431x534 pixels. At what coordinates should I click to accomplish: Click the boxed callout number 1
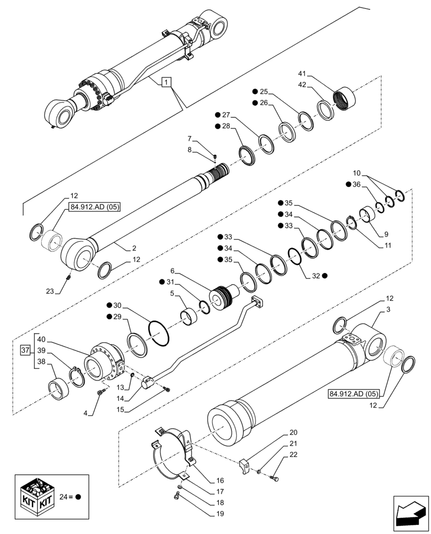[166, 82]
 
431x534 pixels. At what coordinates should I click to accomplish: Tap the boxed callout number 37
[26, 350]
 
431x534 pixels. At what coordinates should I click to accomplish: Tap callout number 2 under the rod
[134, 248]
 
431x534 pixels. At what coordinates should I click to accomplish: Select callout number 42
[302, 85]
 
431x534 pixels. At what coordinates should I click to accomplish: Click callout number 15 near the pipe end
[121, 410]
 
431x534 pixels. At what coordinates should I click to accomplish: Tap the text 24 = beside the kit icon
[68, 496]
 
